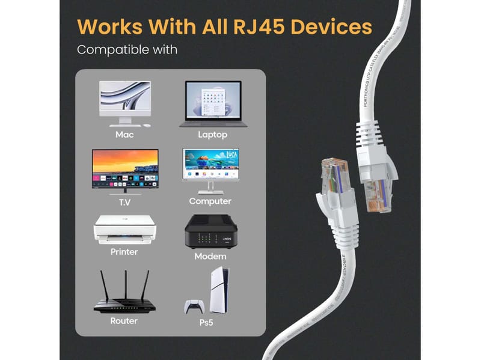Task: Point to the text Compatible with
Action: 127,49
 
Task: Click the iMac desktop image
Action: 124,103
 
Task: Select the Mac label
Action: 124,135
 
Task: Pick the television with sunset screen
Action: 125,169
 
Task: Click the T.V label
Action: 124,201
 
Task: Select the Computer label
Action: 210,201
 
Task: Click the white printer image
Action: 124,229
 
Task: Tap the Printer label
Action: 124,252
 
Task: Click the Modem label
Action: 210,256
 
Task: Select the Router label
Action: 124,321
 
